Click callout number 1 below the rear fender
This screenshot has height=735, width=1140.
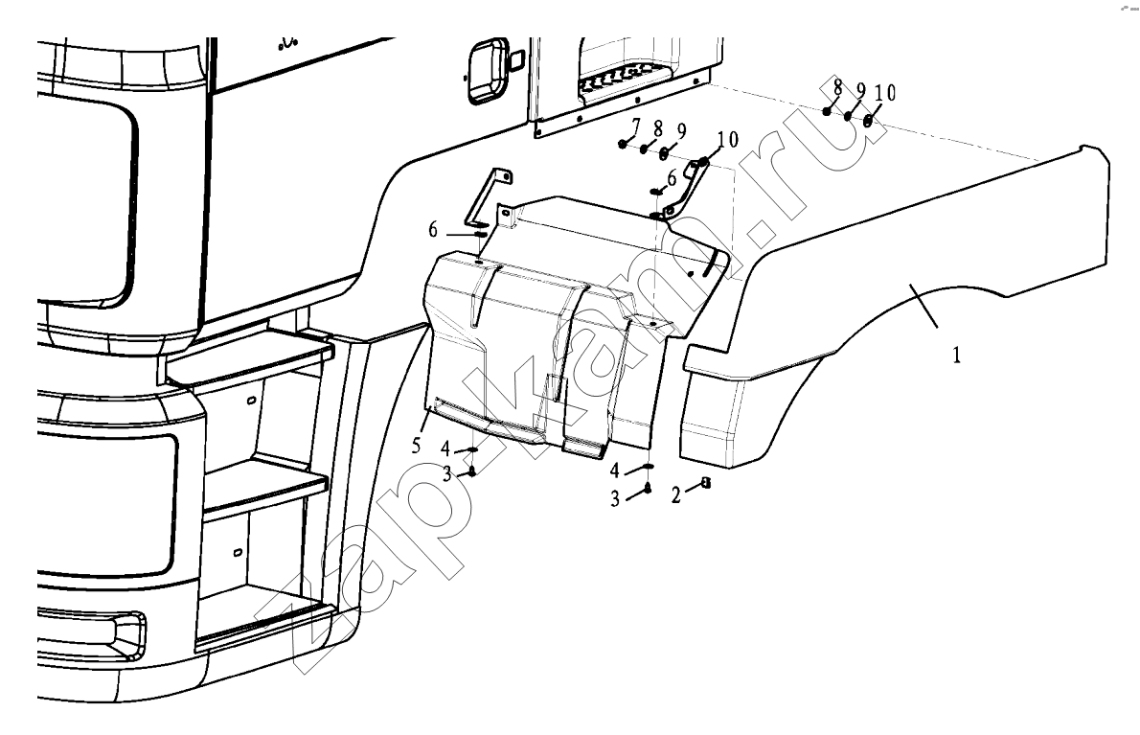[x=957, y=355]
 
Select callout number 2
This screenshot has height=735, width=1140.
[x=675, y=495]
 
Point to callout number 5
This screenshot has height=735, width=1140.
[x=416, y=445]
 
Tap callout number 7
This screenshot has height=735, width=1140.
[x=636, y=126]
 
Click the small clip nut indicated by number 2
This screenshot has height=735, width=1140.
[x=704, y=483]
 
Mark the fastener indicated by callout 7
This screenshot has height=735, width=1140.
[x=624, y=143]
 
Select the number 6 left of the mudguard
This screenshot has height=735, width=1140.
[x=433, y=230]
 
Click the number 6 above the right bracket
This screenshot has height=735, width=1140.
[x=672, y=177]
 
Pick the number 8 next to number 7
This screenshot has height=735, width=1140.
[x=658, y=129]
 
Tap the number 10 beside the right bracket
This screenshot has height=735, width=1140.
[x=727, y=139]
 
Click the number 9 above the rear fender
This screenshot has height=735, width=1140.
[x=861, y=91]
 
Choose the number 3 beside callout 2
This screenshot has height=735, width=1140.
[x=614, y=499]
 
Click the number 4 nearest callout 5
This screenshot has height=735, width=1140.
[x=445, y=449]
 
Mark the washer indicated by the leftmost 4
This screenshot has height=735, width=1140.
[x=472, y=450]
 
